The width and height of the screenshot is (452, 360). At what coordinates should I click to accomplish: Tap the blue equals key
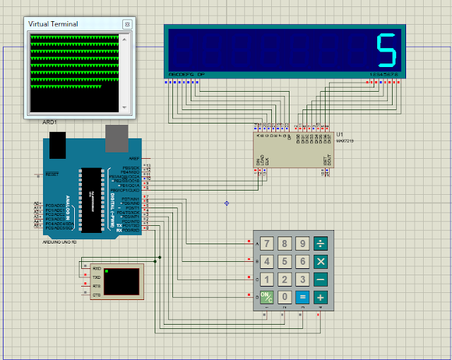(302, 296)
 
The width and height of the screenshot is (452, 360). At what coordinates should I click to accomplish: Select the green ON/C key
(266, 296)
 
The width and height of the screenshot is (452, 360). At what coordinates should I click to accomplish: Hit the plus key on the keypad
(321, 296)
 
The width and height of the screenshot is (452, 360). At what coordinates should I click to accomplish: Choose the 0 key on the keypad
(284, 296)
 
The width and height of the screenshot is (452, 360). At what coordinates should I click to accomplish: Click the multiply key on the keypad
(321, 262)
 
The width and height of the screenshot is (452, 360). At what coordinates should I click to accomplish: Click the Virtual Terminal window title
(53, 24)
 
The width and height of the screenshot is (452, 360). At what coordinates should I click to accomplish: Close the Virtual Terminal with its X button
(127, 24)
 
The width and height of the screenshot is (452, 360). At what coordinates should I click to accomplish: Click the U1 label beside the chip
(340, 134)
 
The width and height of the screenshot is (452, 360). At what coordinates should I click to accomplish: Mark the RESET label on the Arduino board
(52, 173)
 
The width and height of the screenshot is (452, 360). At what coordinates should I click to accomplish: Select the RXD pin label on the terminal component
(96, 268)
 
